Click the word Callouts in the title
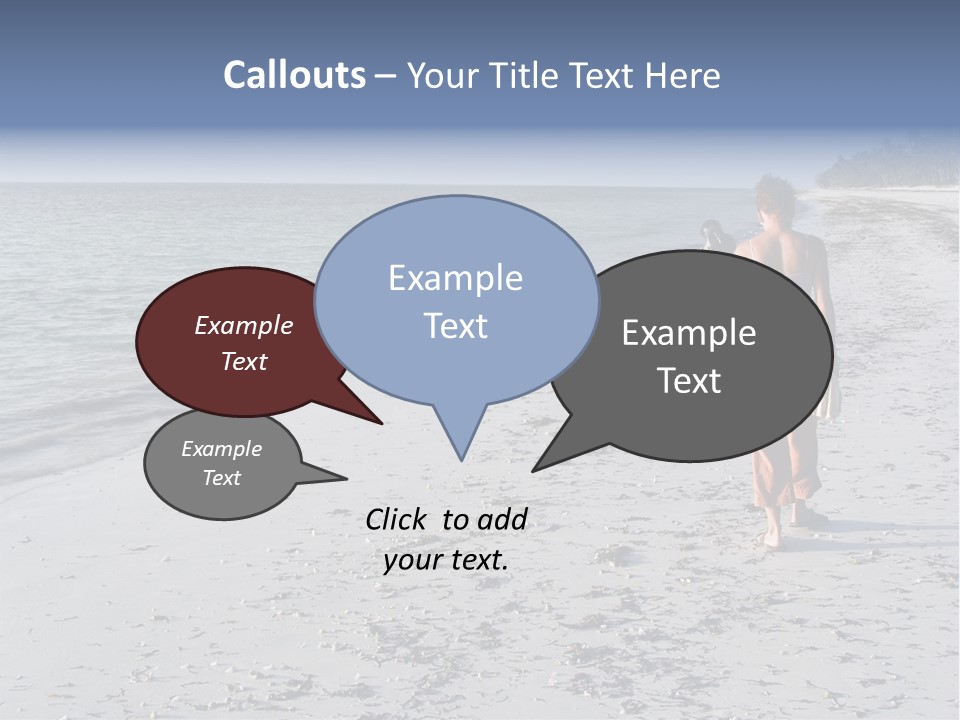pyautogui.click(x=294, y=76)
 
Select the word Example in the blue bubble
pyautogui.click(x=455, y=278)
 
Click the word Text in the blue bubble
pyautogui.click(x=455, y=326)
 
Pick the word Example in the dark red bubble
pyautogui.click(x=244, y=326)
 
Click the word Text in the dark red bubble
pyautogui.click(x=244, y=361)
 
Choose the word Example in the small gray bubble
pyautogui.click(x=221, y=449)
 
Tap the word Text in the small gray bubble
pyautogui.click(x=221, y=478)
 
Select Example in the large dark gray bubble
pyautogui.click(x=689, y=333)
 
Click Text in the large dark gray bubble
pyautogui.click(x=689, y=381)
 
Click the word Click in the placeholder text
pyautogui.click(x=398, y=519)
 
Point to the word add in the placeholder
pyautogui.click(x=502, y=519)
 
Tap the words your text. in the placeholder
pyautogui.click(x=445, y=560)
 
